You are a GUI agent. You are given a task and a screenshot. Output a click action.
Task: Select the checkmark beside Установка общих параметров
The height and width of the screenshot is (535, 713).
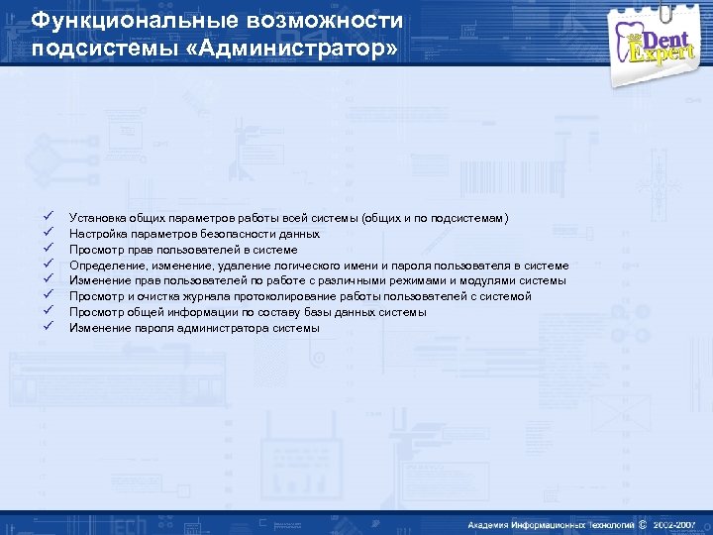47,217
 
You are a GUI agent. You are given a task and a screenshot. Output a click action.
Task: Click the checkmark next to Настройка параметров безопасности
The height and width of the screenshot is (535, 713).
47,233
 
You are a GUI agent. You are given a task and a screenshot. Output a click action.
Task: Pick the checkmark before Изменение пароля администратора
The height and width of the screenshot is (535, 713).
47,328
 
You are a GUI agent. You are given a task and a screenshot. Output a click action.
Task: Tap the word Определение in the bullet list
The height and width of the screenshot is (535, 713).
103,266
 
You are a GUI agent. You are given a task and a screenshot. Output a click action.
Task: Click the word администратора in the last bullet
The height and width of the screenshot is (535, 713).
227,328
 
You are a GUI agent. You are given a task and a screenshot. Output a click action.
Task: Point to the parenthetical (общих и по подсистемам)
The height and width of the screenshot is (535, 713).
436,218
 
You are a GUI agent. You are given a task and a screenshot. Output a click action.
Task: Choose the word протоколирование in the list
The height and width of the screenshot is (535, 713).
285,296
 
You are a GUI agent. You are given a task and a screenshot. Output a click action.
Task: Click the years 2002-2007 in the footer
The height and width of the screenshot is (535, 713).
673,523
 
